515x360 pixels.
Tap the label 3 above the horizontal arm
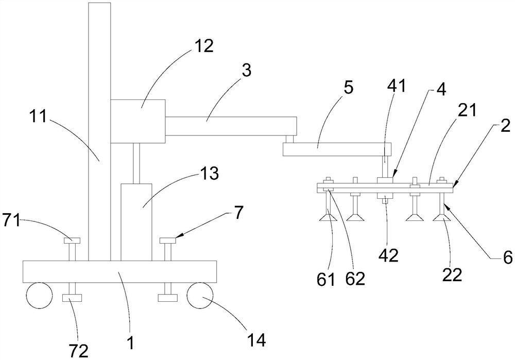(247, 71)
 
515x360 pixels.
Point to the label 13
(210, 174)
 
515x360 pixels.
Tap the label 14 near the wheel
(256, 340)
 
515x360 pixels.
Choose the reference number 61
(327, 280)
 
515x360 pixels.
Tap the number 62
(355, 279)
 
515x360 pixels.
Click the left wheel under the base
(38, 295)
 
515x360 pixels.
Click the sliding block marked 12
(138, 121)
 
